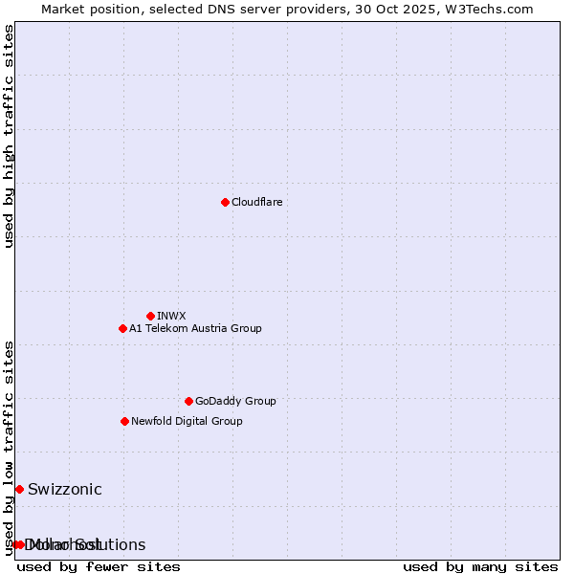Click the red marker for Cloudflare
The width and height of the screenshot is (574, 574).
point(225,202)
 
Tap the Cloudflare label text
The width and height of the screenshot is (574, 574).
point(256,202)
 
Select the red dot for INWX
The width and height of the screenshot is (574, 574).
point(150,316)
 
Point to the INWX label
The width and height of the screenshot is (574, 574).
point(171,316)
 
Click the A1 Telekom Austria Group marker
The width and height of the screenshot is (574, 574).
point(122,328)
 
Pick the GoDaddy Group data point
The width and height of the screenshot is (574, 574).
point(188,401)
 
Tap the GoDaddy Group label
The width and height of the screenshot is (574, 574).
point(234,401)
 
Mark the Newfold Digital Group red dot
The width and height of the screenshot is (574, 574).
point(124,421)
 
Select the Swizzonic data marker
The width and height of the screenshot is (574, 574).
point(19,489)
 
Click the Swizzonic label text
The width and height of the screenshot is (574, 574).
point(64,489)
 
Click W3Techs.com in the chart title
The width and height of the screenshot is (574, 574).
point(486,9)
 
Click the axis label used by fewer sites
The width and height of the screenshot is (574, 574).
point(99,566)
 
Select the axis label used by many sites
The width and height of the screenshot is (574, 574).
point(479,566)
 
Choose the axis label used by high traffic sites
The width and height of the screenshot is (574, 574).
point(10,136)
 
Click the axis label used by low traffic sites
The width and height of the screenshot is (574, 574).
point(10,447)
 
